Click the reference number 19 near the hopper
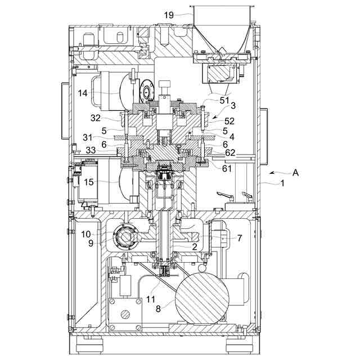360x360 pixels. point(169,15)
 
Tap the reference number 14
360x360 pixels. point(83,93)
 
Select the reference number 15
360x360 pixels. point(89,182)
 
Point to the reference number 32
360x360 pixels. point(96,118)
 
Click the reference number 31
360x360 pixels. point(88,138)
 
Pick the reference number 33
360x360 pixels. point(91,150)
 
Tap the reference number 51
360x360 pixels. point(224,100)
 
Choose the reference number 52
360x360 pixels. point(229,121)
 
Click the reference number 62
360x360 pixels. point(230,152)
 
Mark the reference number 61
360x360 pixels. point(227,169)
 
